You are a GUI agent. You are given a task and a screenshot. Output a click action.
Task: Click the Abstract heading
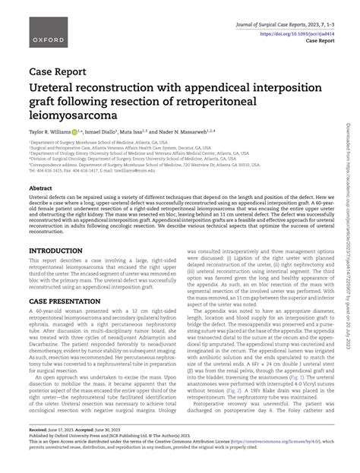click(40, 188)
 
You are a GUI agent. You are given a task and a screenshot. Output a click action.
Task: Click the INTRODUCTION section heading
click(55, 250)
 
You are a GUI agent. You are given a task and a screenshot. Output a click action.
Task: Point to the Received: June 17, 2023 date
click(55, 447)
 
